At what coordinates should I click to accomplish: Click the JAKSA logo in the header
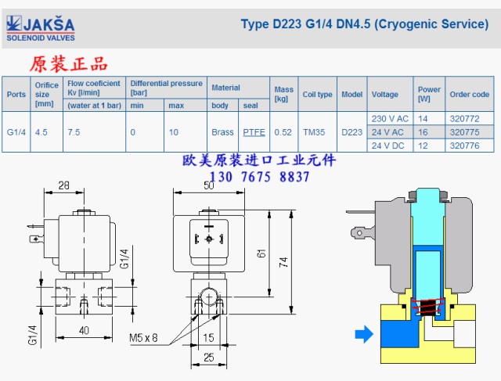(41, 28)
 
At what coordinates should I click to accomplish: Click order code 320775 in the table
(464, 132)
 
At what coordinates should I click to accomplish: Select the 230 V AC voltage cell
(390, 119)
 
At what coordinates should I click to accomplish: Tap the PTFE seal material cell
(254, 132)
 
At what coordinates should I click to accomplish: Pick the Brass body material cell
(222, 132)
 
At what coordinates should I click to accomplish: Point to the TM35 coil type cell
(314, 132)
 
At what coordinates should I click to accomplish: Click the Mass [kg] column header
(283, 94)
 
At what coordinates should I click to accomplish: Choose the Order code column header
(470, 94)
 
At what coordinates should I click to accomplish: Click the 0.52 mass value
(283, 132)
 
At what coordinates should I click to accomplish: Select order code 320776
(464, 146)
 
